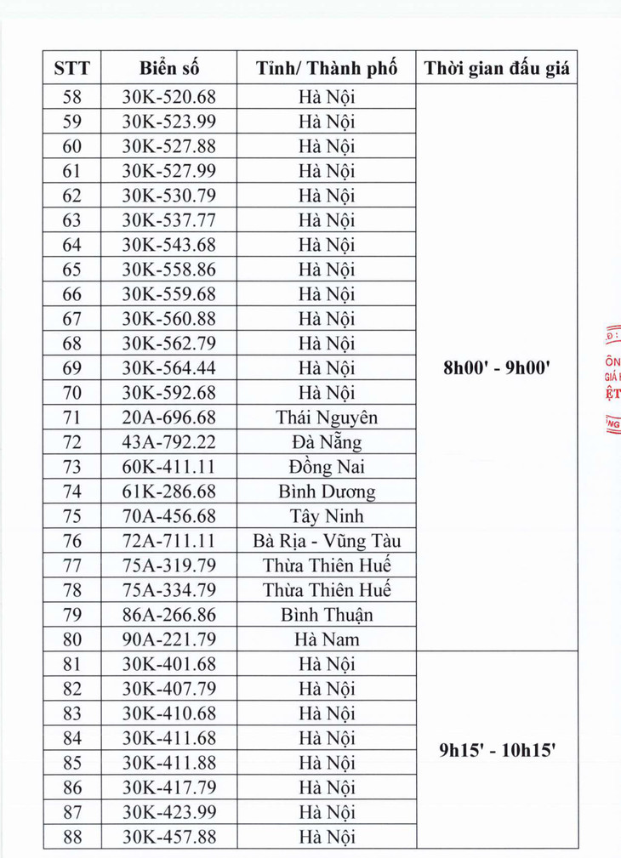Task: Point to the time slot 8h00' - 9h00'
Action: click(x=497, y=368)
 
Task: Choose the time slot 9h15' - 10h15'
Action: click(x=497, y=751)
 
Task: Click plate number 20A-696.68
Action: click(x=169, y=418)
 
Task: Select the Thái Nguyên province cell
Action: click(x=327, y=418)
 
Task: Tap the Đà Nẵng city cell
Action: click(x=327, y=442)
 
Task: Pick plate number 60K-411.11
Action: click(x=169, y=467)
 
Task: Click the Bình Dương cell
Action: click(x=327, y=492)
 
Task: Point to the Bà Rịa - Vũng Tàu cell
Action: click(x=327, y=541)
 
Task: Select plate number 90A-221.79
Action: click(x=169, y=639)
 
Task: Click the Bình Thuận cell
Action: click(x=327, y=615)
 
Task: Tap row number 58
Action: click(x=71, y=97)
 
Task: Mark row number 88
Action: click(x=71, y=837)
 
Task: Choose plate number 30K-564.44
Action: click(x=169, y=368)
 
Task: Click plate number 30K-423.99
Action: click(x=169, y=812)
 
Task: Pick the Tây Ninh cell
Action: click(x=327, y=516)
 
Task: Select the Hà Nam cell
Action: click(x=327, y=639)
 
